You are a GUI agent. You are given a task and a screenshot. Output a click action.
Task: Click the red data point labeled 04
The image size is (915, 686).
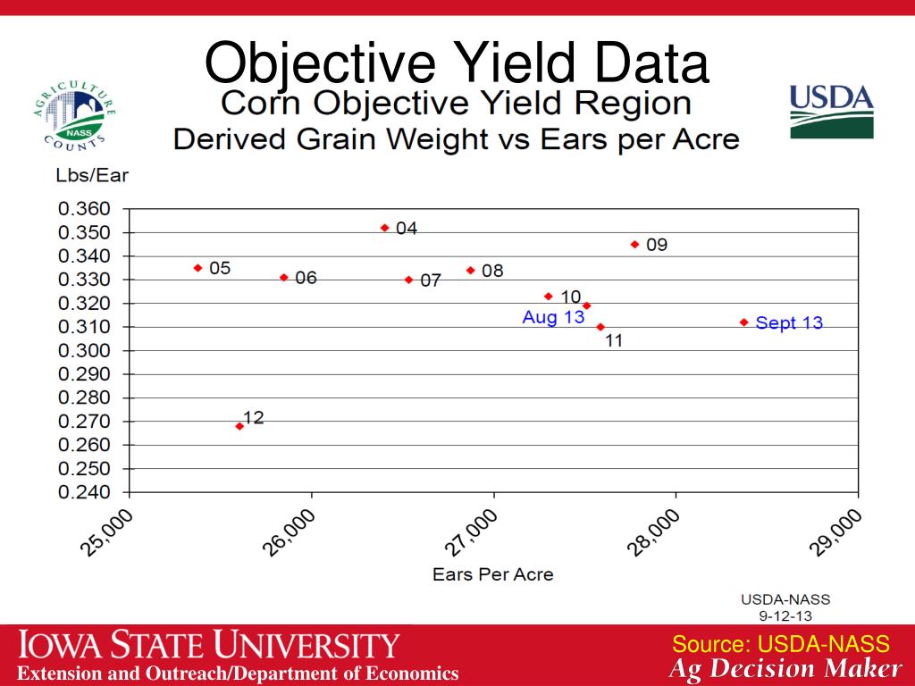385,228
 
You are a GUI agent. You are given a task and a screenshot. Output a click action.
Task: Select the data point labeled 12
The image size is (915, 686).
239,426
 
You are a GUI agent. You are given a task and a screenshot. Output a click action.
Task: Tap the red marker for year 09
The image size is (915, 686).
635,244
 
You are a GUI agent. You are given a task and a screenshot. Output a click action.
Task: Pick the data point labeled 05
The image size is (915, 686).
198,268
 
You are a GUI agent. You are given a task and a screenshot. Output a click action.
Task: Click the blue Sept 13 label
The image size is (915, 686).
788,323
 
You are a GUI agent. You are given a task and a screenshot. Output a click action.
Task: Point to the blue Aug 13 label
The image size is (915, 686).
553,318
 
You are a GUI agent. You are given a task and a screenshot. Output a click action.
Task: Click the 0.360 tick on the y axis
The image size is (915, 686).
84,209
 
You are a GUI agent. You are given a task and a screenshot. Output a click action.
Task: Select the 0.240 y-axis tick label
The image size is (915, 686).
84,492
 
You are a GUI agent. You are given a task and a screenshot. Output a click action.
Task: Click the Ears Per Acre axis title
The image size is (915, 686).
492,574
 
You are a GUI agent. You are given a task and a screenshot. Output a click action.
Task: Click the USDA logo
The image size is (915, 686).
831,112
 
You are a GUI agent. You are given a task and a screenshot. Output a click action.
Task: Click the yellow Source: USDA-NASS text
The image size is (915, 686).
780,644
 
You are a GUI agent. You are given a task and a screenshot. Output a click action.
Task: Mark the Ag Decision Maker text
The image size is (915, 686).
785,669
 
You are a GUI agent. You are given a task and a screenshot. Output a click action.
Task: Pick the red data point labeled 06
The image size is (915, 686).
284,278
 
